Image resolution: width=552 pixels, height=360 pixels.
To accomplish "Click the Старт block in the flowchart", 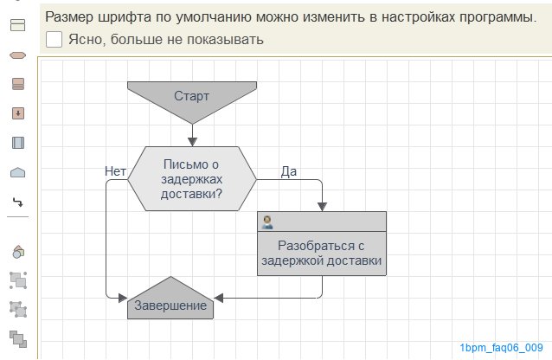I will tap(191, 95).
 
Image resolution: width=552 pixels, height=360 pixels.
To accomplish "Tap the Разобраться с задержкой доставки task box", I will tap(322, 252).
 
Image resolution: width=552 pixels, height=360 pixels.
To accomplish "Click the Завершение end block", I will tap(170, 305).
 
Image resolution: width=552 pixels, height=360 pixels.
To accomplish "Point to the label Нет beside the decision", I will tap(115, 171).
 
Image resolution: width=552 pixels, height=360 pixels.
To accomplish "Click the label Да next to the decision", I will tap(289, 171).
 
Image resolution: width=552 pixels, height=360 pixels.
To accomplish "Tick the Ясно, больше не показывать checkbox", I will tap(54, 39).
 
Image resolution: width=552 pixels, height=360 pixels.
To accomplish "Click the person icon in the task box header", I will tap(267, 222).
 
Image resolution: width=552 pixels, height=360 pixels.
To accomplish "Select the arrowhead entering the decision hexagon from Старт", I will tap(192, 141).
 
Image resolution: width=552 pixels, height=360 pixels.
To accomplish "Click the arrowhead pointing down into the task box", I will tap(322, 206).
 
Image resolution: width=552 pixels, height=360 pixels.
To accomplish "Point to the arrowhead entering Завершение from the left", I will tap(122, 298).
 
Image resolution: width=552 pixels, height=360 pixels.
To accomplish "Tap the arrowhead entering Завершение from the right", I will tap(219, 298).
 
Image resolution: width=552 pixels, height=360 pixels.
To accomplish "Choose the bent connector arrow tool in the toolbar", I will tap(17, 202).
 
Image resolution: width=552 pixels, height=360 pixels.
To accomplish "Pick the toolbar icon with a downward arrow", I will tap(17, 113).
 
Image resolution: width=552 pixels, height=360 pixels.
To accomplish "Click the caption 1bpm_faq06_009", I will tap(502, 347).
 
